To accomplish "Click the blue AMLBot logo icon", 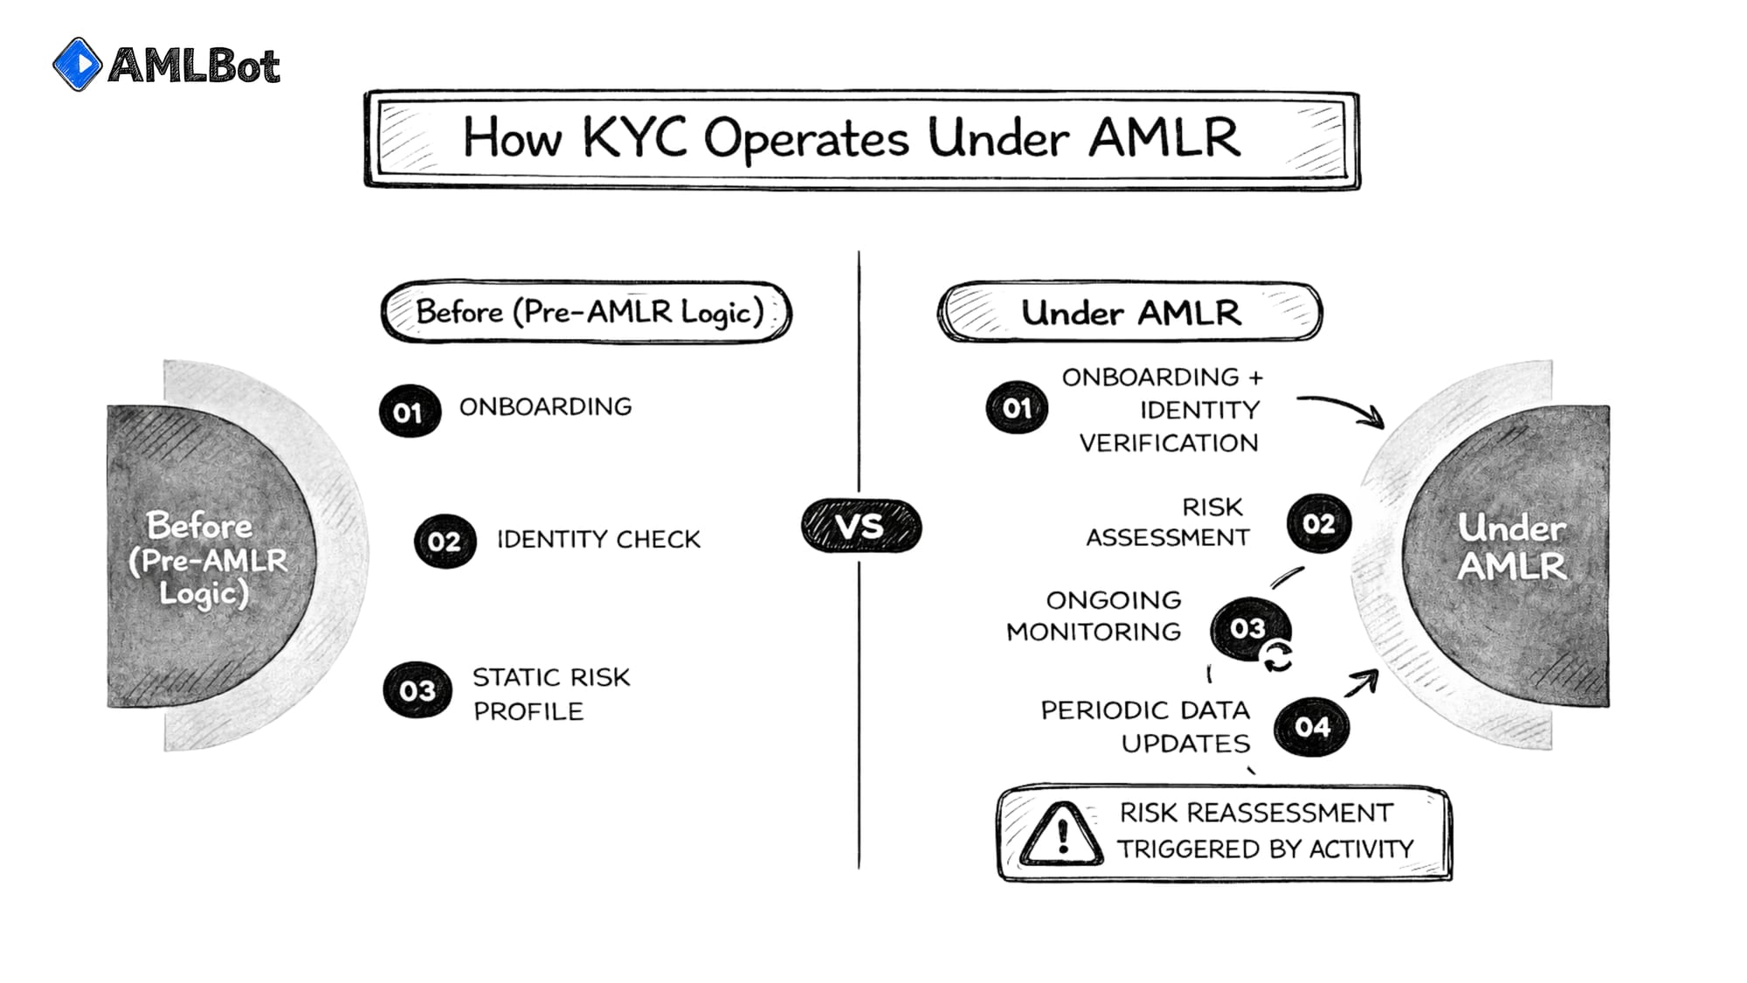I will (77, 64).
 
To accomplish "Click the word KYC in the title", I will (634, 137).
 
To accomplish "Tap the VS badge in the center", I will (860, 526).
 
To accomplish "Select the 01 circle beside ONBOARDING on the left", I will (409, 412).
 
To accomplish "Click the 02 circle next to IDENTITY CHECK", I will (445, 541).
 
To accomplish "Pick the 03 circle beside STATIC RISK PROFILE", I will (417, 690).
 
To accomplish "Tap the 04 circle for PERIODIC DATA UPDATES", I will (1311, 726).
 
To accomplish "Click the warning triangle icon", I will (1061, 834).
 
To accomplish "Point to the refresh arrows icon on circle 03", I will (1277, 656).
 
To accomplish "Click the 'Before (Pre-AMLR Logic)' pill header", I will (586, 312).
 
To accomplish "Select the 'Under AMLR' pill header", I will (1129, 312).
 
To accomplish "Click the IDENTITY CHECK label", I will (598, 539).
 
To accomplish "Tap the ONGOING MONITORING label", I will (1094, 615).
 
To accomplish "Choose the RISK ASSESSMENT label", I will (1168, 522).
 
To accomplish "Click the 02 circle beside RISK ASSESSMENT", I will (1318, 523).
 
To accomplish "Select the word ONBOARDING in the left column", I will (545, 406).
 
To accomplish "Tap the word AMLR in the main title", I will (1164, 137).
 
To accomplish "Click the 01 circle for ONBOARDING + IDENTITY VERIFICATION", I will (1016, 408).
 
